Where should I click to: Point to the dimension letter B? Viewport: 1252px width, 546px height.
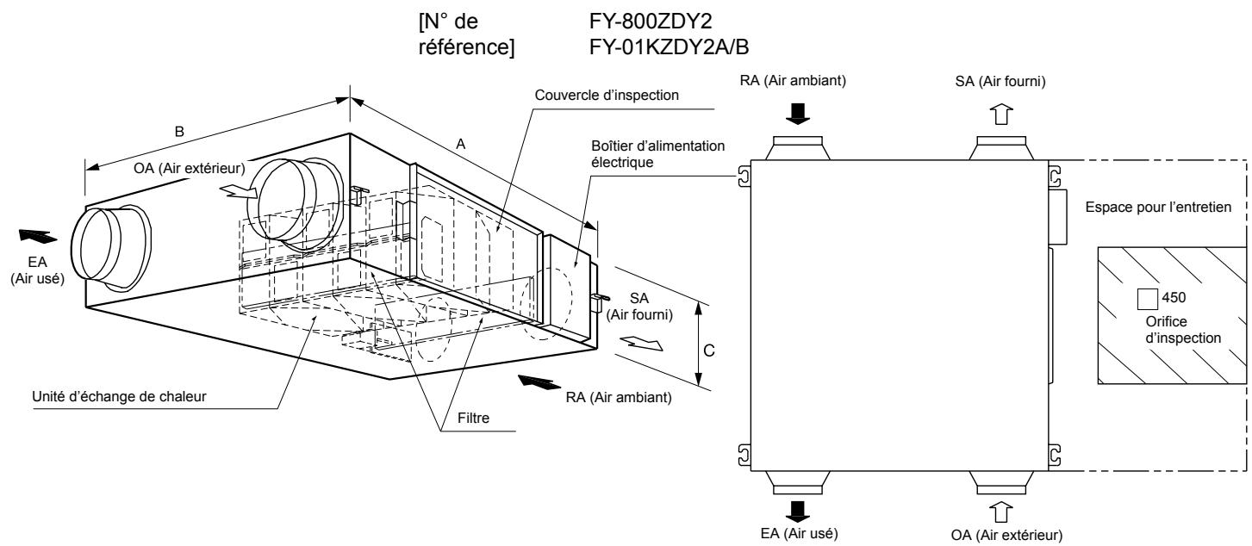click(x=179, y=133)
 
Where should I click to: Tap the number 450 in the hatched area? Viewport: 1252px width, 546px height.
click(x=1174, y=298)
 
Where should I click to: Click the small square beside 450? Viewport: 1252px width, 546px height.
click(x=1148, y=299)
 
